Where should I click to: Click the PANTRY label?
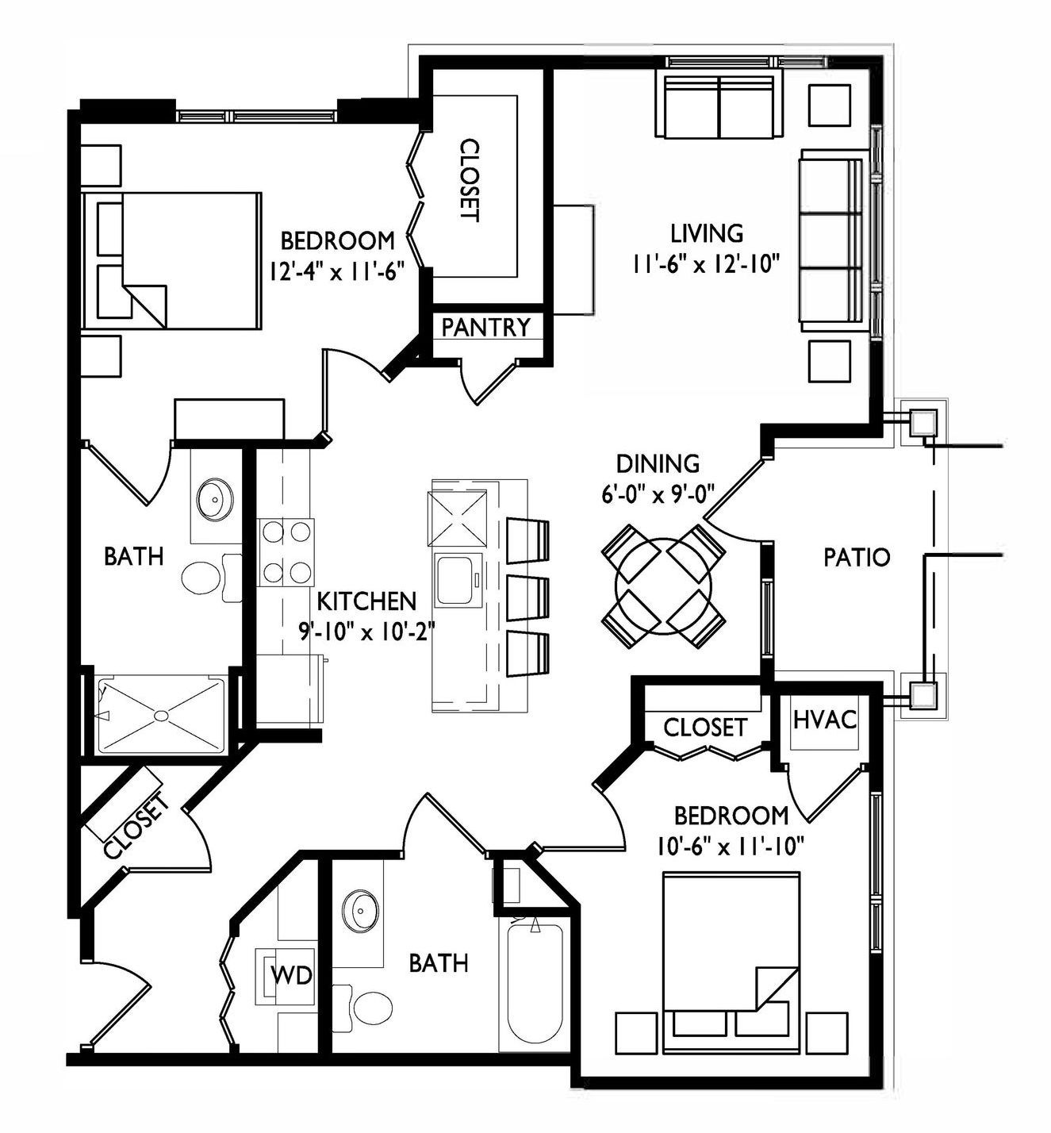(x=485, y=328)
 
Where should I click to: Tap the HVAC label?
(x=825, y=720)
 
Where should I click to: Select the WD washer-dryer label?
(x=291, y=975)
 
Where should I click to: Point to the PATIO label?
(x=857, y=557)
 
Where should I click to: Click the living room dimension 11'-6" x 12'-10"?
(x=705, y=263)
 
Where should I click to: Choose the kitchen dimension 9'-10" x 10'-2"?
(x=367, y=631)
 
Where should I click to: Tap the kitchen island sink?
(x=458, y=579)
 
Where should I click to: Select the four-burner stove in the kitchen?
(x=286, y=552)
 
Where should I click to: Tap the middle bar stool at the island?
(x=527, y=598)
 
